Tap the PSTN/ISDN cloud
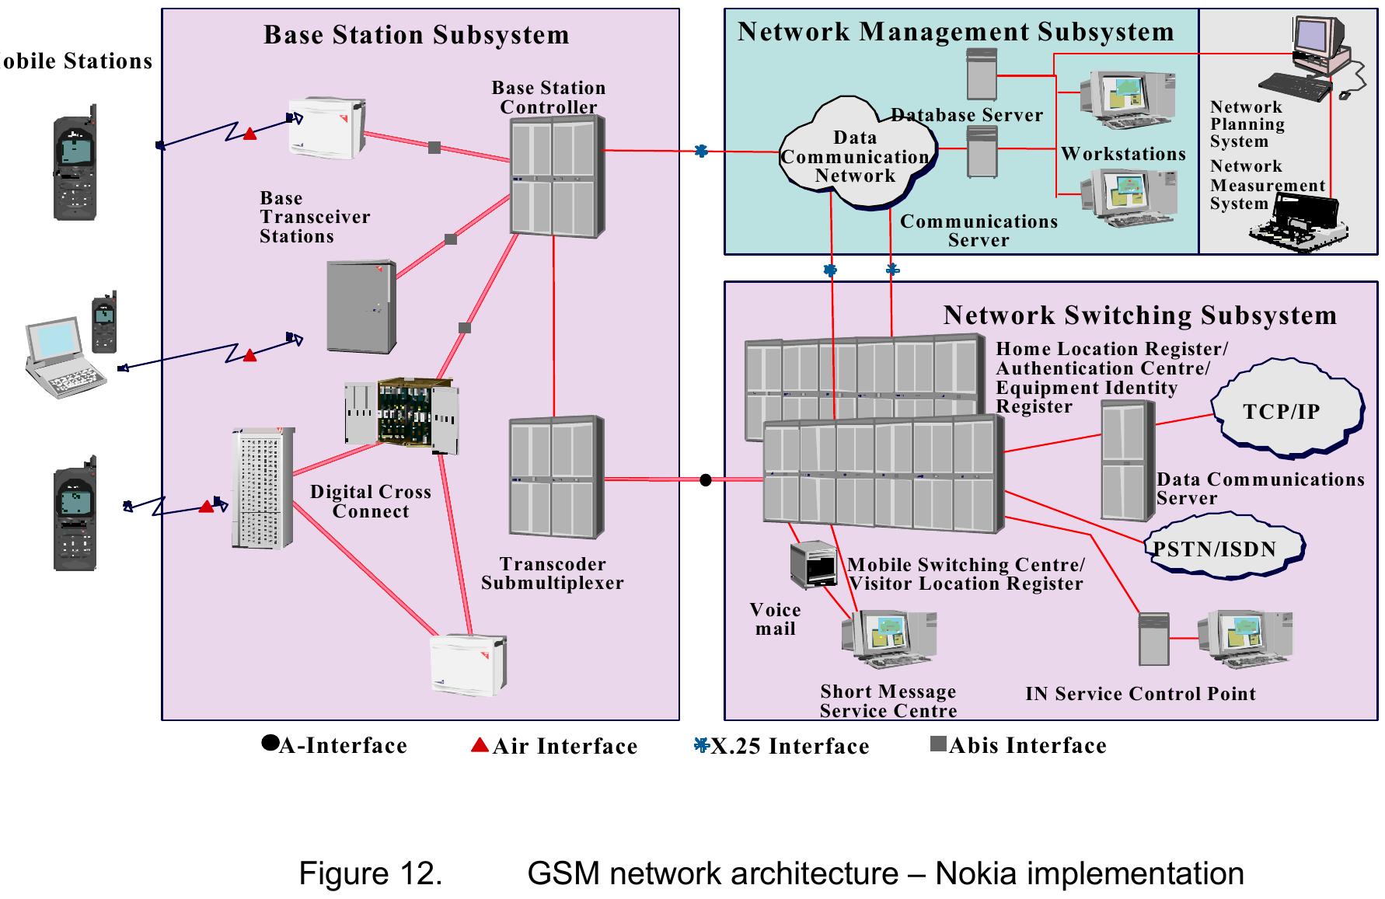[1223, 549]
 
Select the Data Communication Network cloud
[856, 155]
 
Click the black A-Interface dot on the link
[705, 480]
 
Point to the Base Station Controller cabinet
[556, 177]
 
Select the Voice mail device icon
[812, 564]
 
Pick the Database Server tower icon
[981, 75]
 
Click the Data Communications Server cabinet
[1127, 460]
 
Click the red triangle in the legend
[480, 746]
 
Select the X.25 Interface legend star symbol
[701, 746]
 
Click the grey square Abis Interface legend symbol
[938, 745]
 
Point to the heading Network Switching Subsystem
[1139, 315]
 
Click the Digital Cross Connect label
[370, 501]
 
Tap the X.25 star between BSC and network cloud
[701, 151]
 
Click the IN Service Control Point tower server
[1153, 639]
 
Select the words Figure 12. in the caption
[371, 873]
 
